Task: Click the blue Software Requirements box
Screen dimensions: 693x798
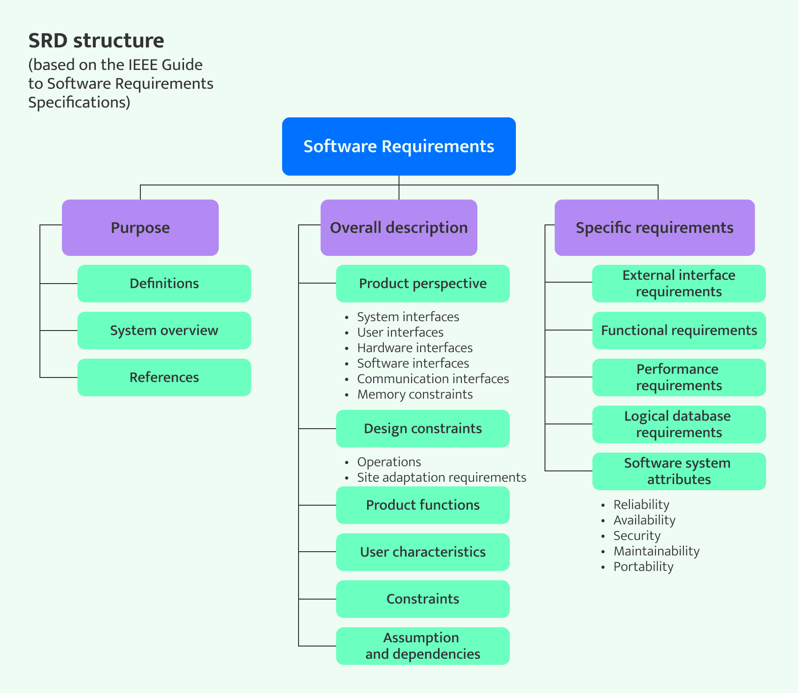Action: pos(399,146)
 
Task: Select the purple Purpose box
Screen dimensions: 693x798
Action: pos(140,228)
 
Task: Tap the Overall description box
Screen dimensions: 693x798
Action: pos(399,228)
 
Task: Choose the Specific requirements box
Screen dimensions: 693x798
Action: pos(654,228)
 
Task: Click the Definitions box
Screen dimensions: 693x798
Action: pos(164,284)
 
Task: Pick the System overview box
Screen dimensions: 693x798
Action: pos(164,331)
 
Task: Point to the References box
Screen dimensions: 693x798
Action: pos(164,377)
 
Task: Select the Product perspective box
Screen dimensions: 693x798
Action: pos(422,284)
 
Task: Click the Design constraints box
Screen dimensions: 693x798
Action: pos(422,429)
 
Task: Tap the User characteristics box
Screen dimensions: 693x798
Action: pos(422,552)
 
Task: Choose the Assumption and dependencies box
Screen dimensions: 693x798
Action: pos(422,646)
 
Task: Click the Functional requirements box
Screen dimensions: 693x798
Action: pos(679,331)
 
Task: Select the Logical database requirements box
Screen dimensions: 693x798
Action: pos(679,424)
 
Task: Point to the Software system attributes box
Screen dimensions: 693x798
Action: pos(679,471)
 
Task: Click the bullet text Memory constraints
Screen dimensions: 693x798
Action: pos(414,394)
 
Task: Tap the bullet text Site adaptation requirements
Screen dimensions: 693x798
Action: pos(441,477)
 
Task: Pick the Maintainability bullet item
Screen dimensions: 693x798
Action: pos(656,551)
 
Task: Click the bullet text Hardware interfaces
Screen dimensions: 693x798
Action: pos(414,348)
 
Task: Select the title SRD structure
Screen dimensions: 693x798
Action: pos(96,41)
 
